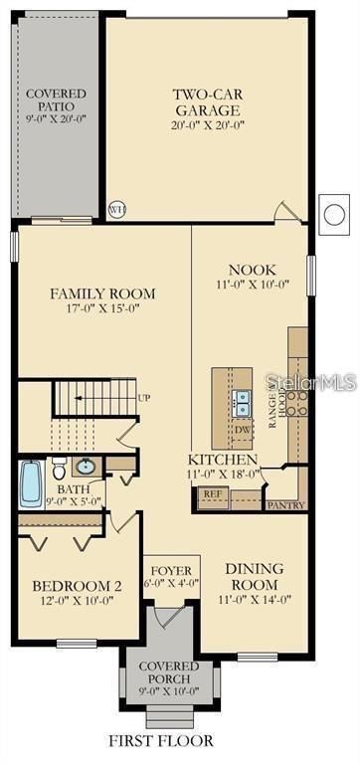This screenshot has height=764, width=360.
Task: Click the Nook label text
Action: click(x=253, y=270)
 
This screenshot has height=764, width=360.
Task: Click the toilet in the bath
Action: click(x=59, y=468)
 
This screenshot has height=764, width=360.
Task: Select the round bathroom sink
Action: click(x=86, y=467)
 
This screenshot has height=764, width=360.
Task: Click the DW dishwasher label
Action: click(x=243, y=431)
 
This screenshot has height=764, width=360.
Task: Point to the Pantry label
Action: click(x=284, y=505)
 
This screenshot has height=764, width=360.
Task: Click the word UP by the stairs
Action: click(x=144, y=398)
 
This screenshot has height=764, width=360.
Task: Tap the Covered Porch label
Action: click(x=168, y=671)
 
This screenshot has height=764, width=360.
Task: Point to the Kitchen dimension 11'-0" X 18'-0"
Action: click(x=225, y=475)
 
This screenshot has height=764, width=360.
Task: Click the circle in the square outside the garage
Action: click(x=333, y=214)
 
